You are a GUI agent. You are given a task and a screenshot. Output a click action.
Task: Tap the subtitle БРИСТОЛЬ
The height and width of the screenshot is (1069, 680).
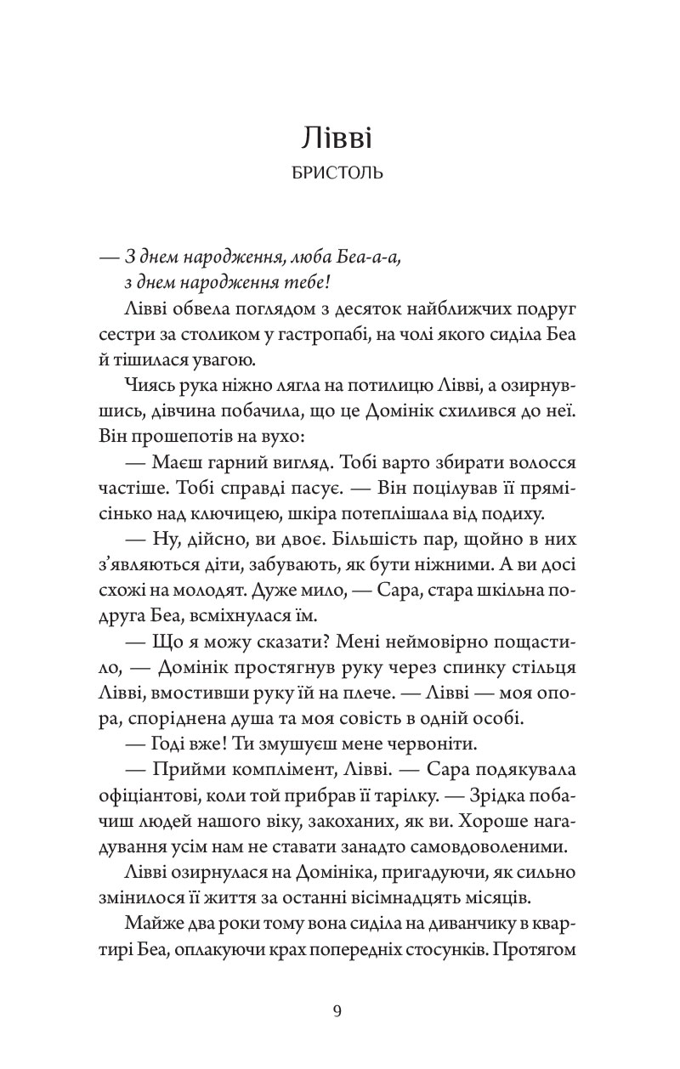click(x=339, y=173)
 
